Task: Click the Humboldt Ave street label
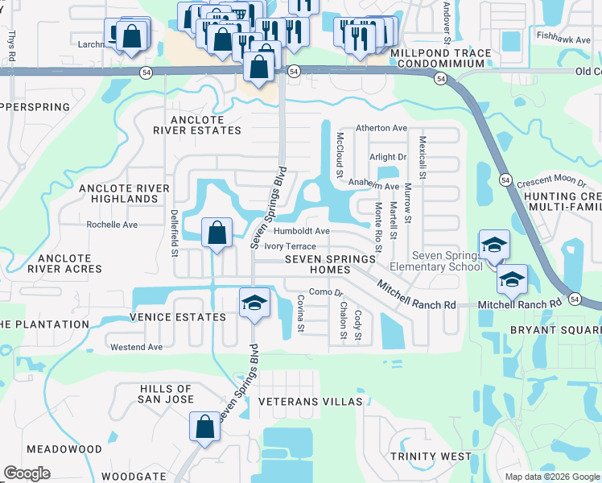click(x=302, y=231)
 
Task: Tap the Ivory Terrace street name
click(x=290, y=246)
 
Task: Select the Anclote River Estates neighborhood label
click(x=197, y=125)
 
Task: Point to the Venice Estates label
click(x=179, y=317)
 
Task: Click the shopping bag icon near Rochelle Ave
click(x=216, y=234)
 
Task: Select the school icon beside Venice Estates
click(x=254, y=303)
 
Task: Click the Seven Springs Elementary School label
click(x=435, y=261)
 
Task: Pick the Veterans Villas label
click(x=306, y=401)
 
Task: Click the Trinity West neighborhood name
click(x=431, y=456)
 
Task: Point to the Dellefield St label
click(x=174, y=234)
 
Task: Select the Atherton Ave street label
click(x=382, y=128)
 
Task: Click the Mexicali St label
click(x=422, y=157)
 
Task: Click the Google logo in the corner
click(x=27, y=473)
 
